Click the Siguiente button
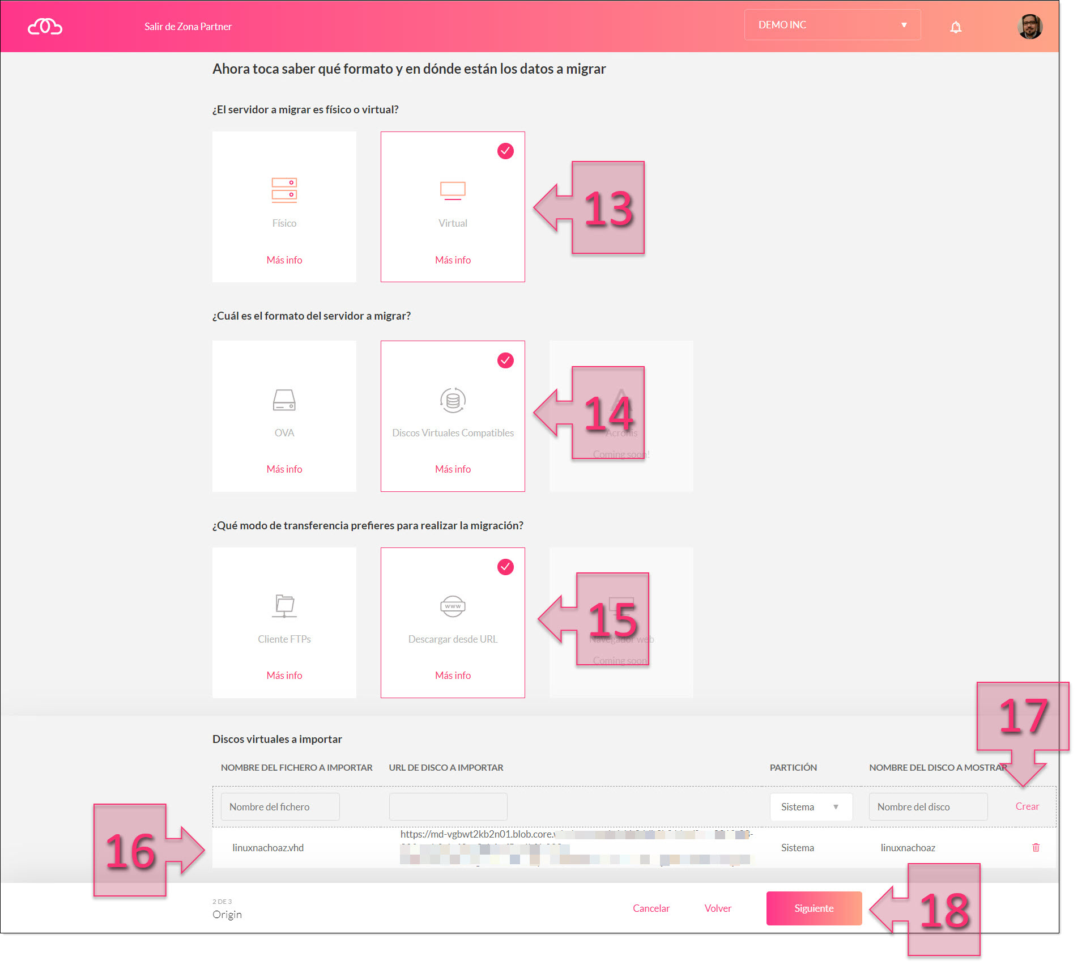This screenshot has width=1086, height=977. tap(814, 908)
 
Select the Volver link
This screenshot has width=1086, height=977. tap(718, 908)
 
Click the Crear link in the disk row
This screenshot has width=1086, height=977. tap(1027, 806)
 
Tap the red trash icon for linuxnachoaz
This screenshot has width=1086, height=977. tap(1036, 848)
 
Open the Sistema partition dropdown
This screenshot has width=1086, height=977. tap(811, 807)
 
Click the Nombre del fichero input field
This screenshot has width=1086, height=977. tap(280, 807)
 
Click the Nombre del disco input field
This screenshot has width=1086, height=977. tap(928, 807)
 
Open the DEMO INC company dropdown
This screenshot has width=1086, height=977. tap(832, 25)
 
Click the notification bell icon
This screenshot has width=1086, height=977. tap(956, 27)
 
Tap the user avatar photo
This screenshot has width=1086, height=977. tap(1029, 26)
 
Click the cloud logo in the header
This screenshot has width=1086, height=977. tap(45, 27)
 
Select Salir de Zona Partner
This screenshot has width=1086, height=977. tap(188, 27)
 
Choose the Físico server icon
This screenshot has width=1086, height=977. tap(284, 190)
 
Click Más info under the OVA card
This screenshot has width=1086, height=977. tap(284, 469)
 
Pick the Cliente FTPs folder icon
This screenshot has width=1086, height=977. tap(284, 606)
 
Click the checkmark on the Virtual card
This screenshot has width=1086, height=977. tap(505, 151)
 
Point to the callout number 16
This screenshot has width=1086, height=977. tap(130, 851)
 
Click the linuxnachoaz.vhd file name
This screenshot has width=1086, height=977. tap(268, 848)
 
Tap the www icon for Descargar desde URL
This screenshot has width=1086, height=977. tap(453, 606)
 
